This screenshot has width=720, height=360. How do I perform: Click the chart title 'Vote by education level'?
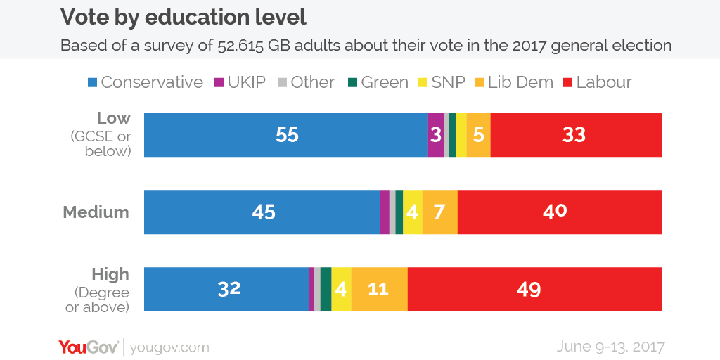coord(184,17)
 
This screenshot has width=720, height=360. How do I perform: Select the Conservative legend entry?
coord(145,82)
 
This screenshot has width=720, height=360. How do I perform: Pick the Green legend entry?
coord(378,82)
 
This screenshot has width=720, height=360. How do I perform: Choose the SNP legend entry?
coord(441,82)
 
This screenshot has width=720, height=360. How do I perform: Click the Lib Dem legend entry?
coord(517,82)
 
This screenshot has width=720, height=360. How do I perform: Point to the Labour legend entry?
coord(598,82)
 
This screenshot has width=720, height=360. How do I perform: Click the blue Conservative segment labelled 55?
coord(286,134)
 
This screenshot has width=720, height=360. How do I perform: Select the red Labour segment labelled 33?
coord(576,134)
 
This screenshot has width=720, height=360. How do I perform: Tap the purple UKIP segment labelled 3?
coord(436,134)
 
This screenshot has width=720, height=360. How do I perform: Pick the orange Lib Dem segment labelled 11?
coord(379,289)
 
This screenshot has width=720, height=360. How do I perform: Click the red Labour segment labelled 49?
coord(534,289)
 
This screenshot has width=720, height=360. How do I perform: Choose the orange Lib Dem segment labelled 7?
coord(439,212)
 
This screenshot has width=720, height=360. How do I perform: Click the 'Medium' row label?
coord(96,212)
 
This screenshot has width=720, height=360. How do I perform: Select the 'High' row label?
coord(110,274)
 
